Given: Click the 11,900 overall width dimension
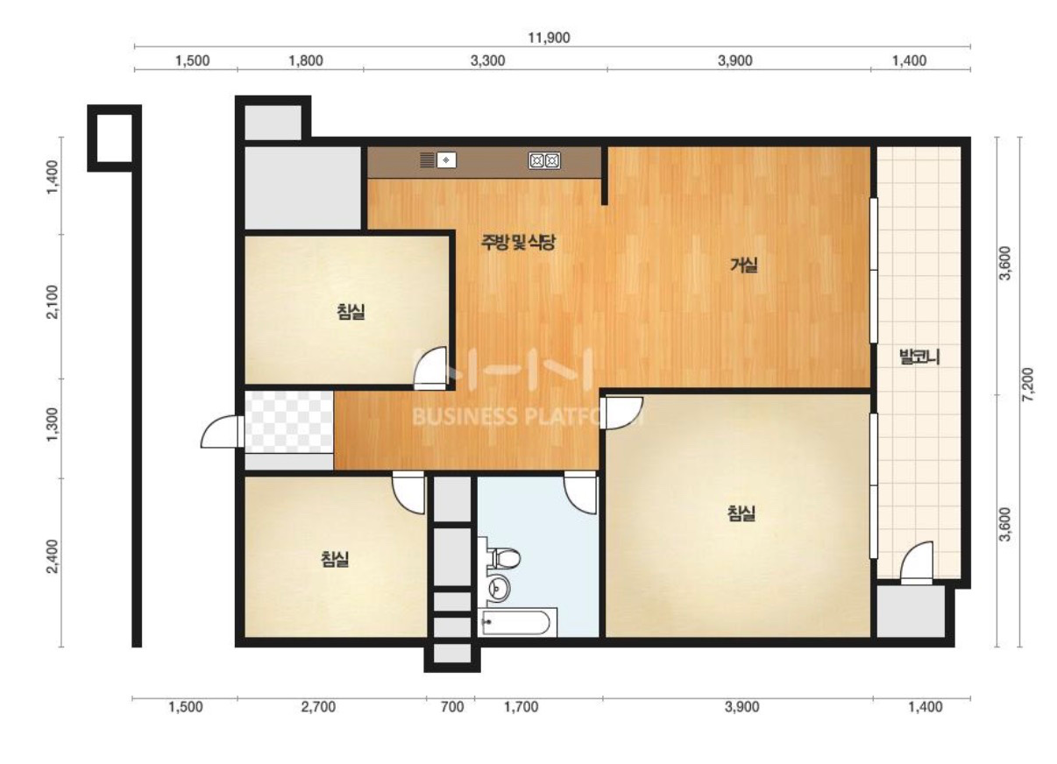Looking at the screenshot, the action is [549, 38].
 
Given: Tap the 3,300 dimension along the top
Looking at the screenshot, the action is [487, 60].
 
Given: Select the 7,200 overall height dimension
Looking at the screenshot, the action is [1028, 385].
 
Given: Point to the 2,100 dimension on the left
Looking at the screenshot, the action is [53, 302].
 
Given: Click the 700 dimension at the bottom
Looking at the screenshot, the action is [452, 707].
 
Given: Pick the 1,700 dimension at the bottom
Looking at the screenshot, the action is [521, 707].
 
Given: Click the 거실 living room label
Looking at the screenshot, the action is [744, 265].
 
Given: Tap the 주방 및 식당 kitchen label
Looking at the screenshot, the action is [518, 242].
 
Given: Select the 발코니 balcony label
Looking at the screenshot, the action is [919, 357].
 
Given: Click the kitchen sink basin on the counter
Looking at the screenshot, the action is [446, 160].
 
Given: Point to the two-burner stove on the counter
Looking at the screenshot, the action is [544, 161].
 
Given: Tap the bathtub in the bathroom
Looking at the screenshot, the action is [517, 623].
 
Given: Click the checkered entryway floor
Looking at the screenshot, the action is [288, 421].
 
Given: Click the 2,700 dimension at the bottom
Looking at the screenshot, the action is [318, 707].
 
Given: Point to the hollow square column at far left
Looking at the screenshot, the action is [114, 138].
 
